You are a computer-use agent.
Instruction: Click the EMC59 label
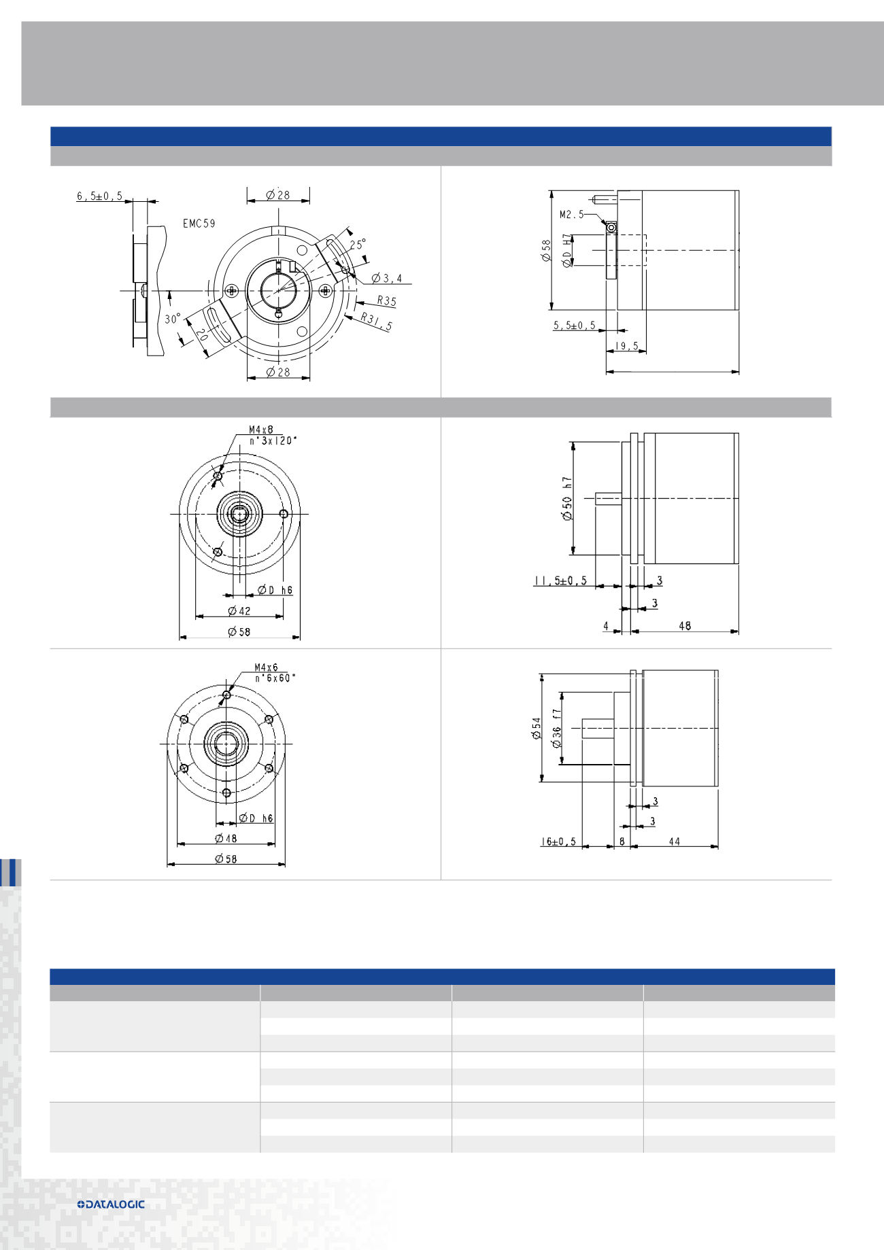(199, 224)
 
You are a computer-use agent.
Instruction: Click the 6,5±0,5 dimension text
(99, 196)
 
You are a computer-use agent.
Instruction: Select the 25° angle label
(358, 245)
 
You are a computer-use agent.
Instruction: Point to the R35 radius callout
(386, 300)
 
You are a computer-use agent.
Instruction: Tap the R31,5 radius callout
(376, 322)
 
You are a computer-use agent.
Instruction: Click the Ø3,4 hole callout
(387, 279)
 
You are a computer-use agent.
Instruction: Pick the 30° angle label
(173, 319)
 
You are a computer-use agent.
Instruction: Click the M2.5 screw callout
(571, 215)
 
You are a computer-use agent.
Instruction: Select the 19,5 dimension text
(626, 347)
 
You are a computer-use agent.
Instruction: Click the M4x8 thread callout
(260, 430)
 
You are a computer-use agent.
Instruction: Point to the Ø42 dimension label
(239, 611)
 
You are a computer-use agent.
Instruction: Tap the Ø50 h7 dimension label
(567, 498)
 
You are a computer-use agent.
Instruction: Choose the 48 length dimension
(685, 626)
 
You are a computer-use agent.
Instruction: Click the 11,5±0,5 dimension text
(560, 581)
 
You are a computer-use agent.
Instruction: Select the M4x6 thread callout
(266, 667)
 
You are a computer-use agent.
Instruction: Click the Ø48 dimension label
(226, 839)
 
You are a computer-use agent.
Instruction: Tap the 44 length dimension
(674, 841)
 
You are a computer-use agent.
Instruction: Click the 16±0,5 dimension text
(558, 841)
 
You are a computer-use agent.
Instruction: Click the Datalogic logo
(111, 1204)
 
